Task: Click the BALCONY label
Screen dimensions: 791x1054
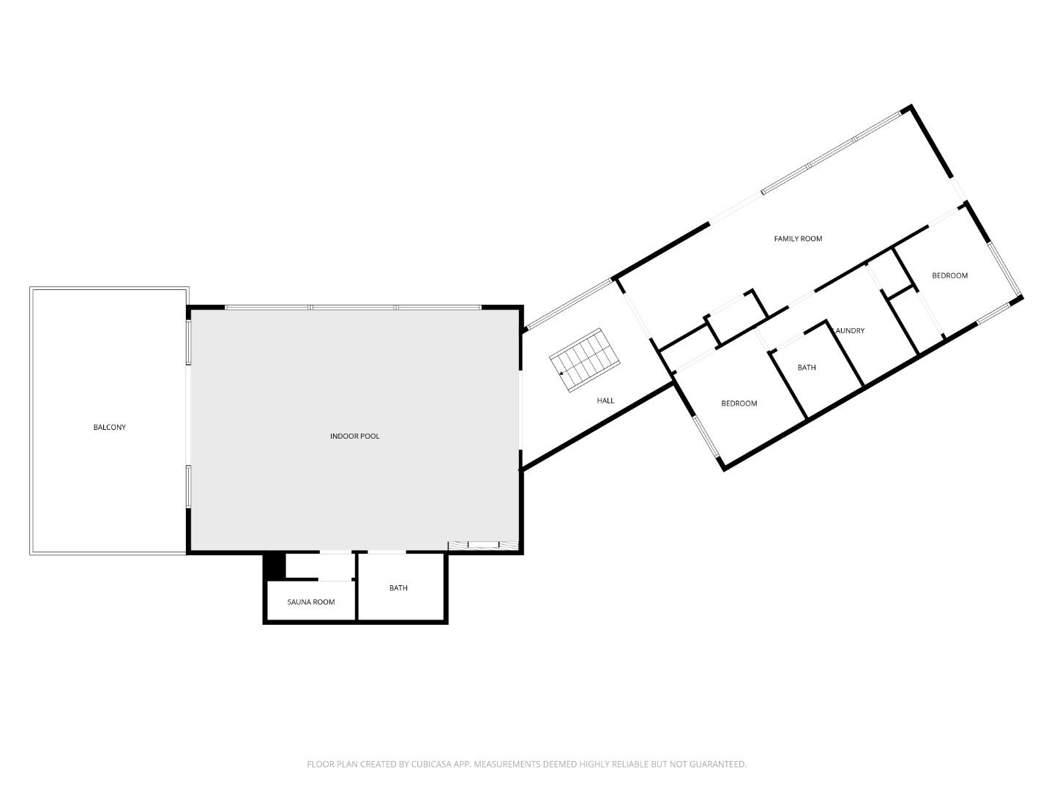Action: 109,427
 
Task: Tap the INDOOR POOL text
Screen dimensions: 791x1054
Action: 354,437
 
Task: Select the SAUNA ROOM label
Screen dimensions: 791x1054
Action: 311,602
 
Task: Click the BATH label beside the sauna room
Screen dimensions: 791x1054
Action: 398,588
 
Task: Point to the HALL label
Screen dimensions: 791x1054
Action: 605,401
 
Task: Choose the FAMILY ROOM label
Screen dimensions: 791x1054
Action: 798,239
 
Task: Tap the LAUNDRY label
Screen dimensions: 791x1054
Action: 850,331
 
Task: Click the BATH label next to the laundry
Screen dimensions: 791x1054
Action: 807,368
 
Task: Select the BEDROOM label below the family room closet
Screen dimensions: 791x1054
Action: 739,404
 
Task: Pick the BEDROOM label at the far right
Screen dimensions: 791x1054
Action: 949,275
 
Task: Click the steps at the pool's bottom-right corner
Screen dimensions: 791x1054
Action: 483,544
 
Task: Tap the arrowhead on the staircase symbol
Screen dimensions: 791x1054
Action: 561,374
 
